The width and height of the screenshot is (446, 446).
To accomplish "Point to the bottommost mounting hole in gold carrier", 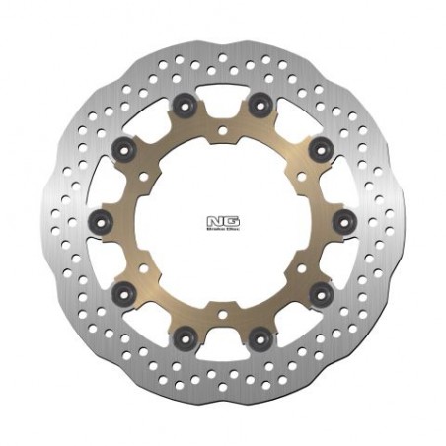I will pos(223,315).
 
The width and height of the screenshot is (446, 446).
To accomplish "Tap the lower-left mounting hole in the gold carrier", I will pos(142,267).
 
